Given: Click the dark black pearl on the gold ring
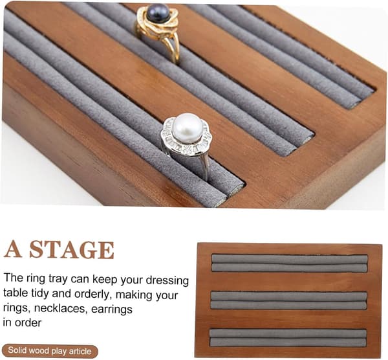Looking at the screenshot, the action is (158, 14).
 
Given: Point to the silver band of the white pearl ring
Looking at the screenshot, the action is (204, 164).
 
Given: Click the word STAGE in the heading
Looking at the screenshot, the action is (72, 249).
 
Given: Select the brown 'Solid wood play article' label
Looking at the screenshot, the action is (50, 351).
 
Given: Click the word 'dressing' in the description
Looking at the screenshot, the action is (167, 280).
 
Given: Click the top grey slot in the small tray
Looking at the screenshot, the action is (290, 263).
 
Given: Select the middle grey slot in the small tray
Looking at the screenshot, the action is (288, 300).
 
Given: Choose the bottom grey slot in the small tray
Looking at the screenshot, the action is (288, 338).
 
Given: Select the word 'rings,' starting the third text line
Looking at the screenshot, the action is (17, 308).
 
